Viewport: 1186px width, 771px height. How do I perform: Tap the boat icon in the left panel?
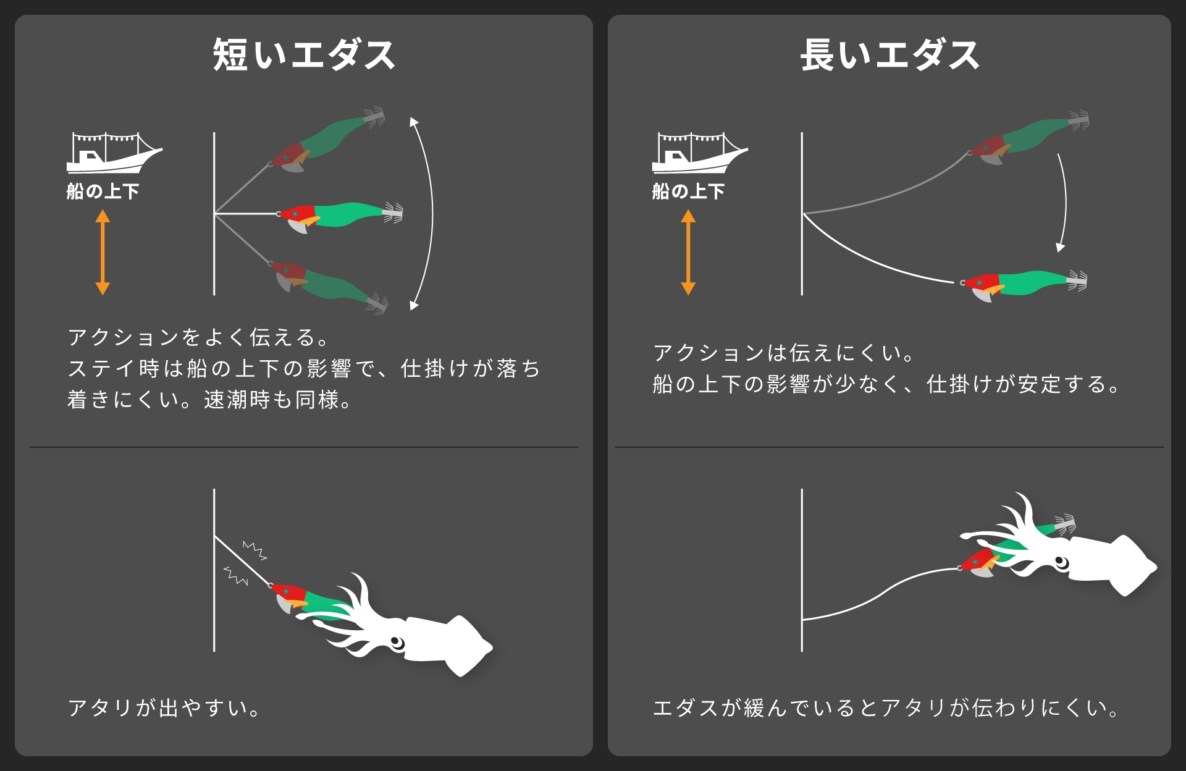tap(111, 153)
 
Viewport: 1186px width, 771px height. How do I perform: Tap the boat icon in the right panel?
tap(697, 153)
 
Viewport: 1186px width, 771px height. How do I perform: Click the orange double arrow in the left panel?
tap(103, 252)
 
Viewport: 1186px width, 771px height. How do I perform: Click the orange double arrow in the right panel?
tap(688, 252)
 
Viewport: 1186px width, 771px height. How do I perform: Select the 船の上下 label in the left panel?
tap(103, 192)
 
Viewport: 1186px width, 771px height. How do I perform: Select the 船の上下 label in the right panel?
tap(688, 192)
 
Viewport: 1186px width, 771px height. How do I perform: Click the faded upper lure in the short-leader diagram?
tap(327, 140)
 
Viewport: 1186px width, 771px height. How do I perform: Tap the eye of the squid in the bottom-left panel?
tap(397, 642)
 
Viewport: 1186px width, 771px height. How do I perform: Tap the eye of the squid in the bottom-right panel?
tap(1061, 562)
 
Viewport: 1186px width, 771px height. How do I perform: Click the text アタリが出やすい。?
tap(164, 707)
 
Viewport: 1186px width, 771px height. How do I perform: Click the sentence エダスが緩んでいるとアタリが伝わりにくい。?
tap(886, 707)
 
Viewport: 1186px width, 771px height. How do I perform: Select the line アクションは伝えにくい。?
tap(783, 353)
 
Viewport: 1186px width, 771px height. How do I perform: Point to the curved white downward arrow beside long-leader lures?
tap(1064, 204)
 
